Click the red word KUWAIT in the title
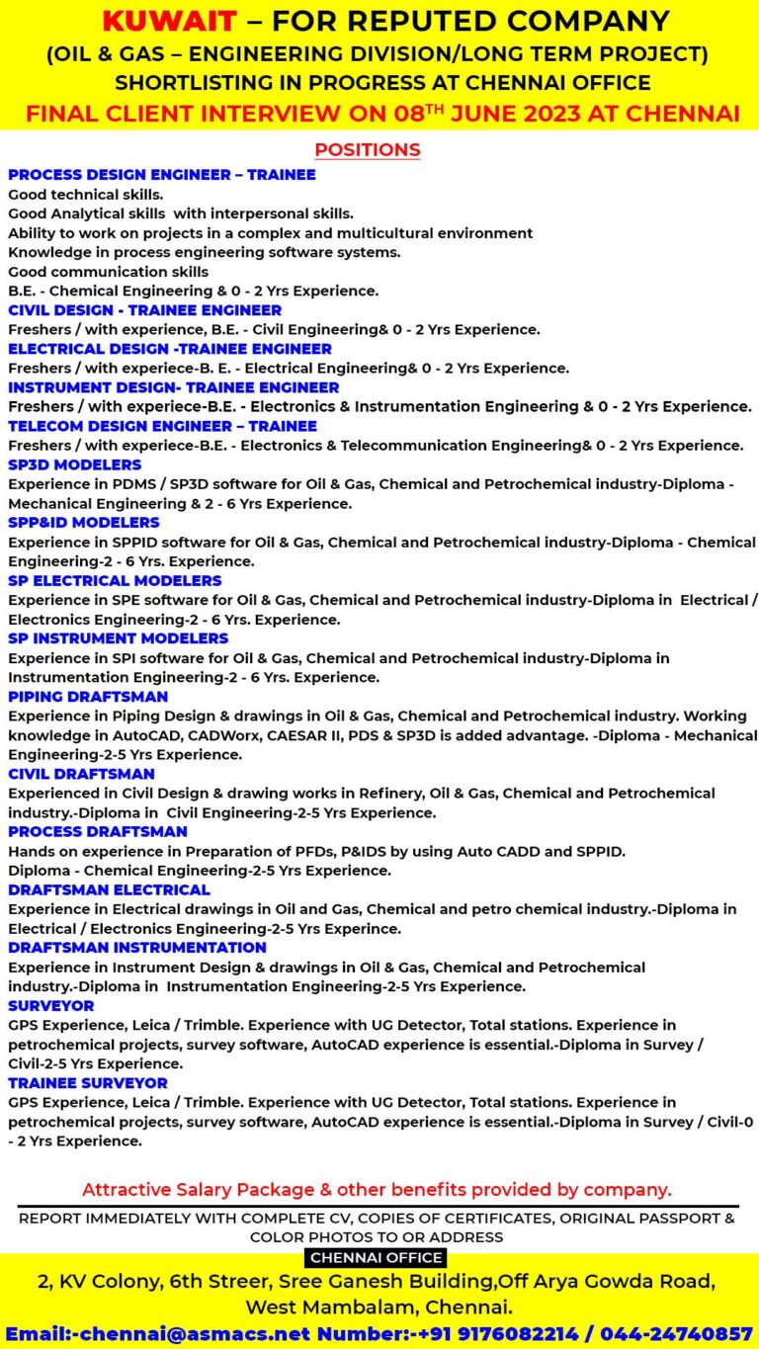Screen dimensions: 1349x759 tap(169, 21)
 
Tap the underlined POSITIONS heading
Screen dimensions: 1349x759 tap(367, 150)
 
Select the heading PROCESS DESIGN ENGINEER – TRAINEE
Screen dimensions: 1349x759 tap(162, 175)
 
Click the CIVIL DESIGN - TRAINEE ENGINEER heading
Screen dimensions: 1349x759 tap(144, 310)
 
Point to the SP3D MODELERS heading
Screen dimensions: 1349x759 tap(74, 464)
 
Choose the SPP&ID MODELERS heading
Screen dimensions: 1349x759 tap(83, 522)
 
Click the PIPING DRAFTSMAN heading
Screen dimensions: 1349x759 tap(88, 697)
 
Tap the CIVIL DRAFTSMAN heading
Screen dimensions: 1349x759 tap(81, 774)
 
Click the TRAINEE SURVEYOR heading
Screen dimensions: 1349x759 tap(88, 1083)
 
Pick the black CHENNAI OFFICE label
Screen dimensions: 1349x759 tap(376, 1258)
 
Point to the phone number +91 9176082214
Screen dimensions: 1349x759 tap(523, 1333)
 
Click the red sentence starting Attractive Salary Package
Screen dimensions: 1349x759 tap(376, 1189)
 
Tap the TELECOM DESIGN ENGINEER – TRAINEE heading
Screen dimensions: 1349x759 tap(162, 426)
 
